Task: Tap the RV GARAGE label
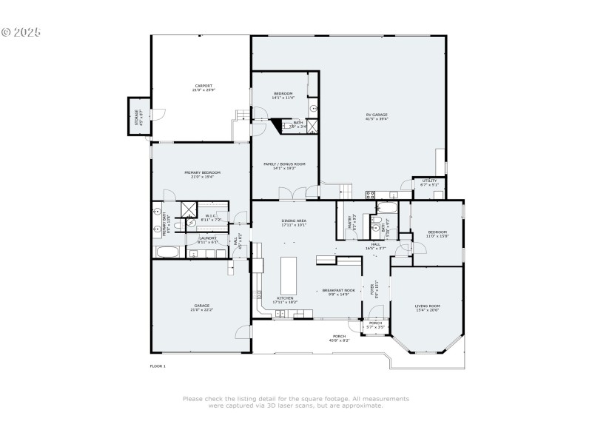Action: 377,114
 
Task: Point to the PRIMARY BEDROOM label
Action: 203,172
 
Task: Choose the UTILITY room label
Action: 429,180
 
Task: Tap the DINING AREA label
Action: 294,221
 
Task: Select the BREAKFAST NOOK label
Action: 339,290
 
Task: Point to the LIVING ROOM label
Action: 427,306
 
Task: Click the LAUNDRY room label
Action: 208,238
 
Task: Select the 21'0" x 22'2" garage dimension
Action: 202,309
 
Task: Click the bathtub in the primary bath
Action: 168,252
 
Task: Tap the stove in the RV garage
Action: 370,195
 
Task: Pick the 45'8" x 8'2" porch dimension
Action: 340,340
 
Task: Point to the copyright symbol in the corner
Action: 7,32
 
